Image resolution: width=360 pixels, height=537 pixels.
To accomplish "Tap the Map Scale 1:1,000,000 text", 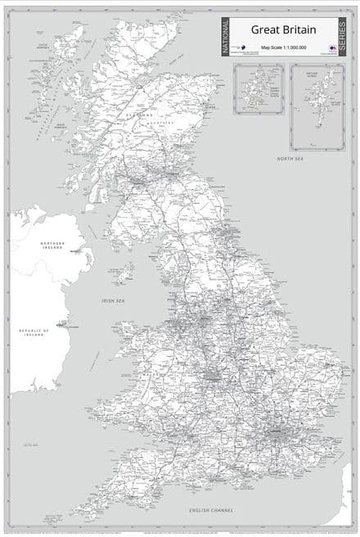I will (x=284, y=48).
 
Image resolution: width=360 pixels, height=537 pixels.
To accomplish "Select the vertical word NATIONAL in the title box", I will (x=227, y=37).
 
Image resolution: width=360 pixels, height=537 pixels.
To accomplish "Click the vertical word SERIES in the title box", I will (x=343, y=37).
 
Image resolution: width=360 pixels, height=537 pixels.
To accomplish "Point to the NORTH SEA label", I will (x=290, y=158).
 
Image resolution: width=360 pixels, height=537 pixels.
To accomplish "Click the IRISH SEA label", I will (x=113, y=300).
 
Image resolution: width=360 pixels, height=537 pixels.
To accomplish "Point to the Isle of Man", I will (x=124, y=273).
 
